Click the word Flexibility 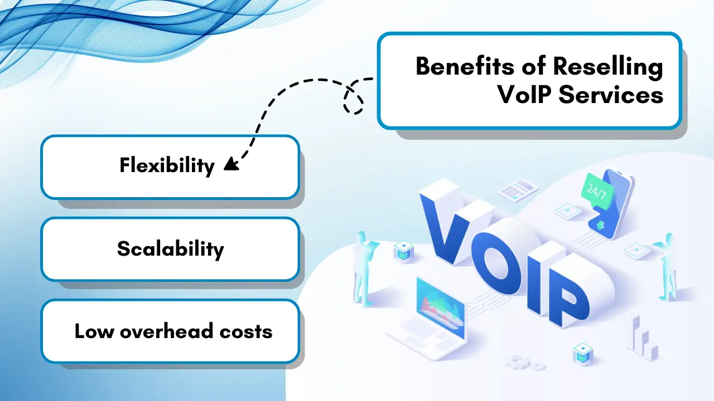167,165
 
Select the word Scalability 170,248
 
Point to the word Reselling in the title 607,67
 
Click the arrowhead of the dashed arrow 230,164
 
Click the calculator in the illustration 517,190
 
